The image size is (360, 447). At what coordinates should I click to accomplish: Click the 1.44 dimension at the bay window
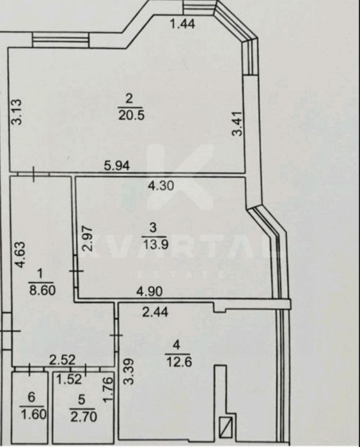(182, 24)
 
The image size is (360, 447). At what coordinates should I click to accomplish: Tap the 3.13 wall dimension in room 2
(16, 111)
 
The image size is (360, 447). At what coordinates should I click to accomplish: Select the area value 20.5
(132, 115)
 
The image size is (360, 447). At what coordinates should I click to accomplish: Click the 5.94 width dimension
(117, 166)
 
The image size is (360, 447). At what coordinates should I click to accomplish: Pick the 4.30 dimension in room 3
(160, 186)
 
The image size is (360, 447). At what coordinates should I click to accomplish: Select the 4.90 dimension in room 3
(150, 292)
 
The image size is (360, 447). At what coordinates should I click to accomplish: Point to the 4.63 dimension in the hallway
(20, 255)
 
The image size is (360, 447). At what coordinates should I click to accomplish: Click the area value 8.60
(42, 291)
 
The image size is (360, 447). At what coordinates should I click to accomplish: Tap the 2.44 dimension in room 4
(155, 312)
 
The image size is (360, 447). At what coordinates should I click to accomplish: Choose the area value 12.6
(178, 362)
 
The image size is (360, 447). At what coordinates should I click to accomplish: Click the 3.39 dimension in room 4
(129, 372)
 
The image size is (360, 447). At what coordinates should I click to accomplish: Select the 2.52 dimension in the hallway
(63, 360)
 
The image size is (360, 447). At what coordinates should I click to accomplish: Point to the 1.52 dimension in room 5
(69, 379)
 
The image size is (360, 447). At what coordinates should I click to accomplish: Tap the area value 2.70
(84, 417)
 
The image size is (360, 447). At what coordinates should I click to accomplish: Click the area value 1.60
(33, 414)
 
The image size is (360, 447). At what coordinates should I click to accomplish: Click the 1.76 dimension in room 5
(108, 389)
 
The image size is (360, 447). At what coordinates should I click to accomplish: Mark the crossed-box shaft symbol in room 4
(226, 426)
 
